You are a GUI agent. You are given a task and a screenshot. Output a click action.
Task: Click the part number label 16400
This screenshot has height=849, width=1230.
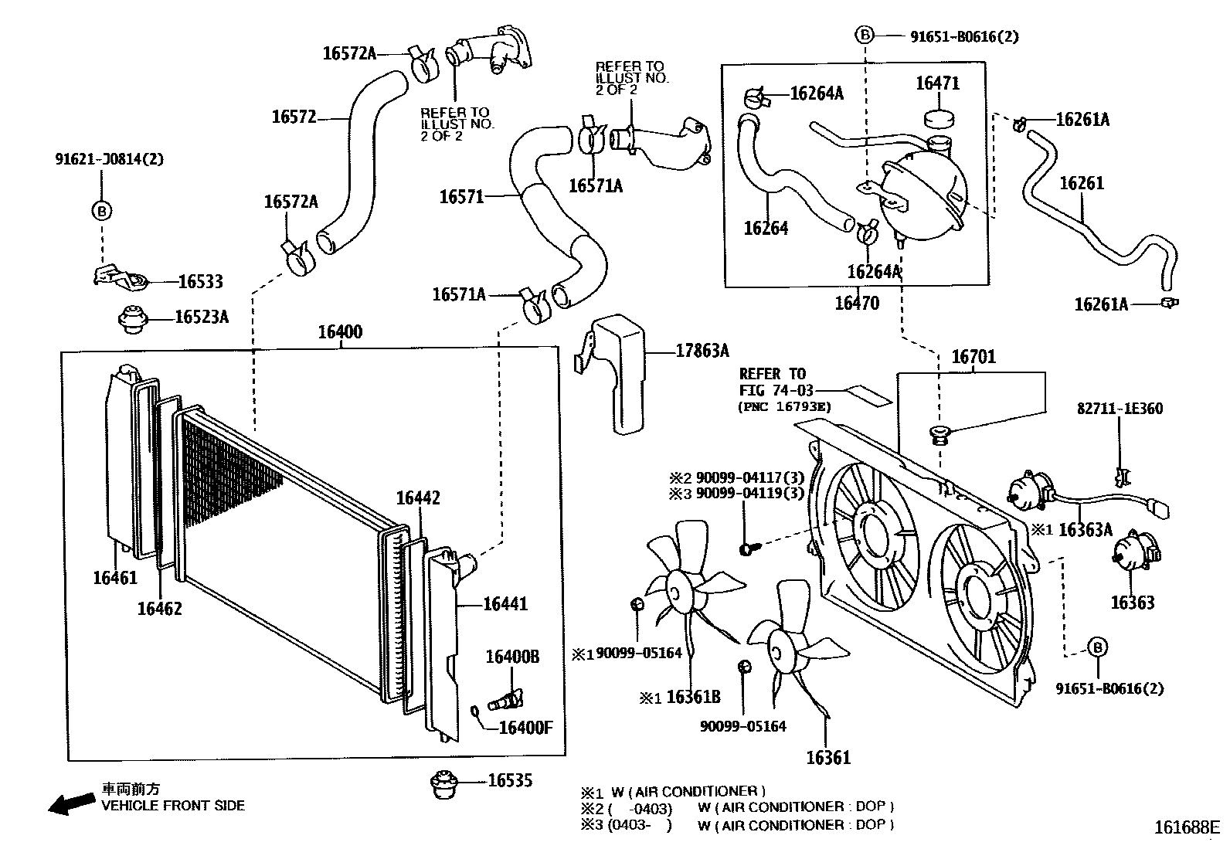click(340, 332)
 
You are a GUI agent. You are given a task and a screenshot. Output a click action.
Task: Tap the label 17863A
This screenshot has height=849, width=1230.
click(702, 351)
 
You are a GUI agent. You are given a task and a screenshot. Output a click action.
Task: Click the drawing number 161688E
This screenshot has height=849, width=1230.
click(1186, 827)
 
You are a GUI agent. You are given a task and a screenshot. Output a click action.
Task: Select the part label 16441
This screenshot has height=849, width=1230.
click(505, 603)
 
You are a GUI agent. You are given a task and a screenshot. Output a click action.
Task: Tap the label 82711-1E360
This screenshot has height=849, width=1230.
click(1120, 409)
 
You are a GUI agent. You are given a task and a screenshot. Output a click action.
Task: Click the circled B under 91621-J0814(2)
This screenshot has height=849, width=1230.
click(101, 211)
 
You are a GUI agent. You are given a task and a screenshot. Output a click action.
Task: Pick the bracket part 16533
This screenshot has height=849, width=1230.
click(121, 278)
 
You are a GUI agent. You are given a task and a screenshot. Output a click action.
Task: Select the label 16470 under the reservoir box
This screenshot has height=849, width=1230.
click(856, 303)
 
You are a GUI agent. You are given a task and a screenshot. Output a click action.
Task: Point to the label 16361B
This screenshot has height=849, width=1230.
click(692, 698)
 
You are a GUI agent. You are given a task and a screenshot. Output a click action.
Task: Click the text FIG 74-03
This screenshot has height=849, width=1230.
click(776, 391)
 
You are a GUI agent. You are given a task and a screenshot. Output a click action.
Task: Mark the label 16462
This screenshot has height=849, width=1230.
click(160, 609)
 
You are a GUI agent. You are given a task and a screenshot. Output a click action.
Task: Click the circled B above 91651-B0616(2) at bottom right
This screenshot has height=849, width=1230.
click(1097, 647)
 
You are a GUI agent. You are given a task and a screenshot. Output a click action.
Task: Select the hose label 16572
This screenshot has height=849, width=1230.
click(294, 117)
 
